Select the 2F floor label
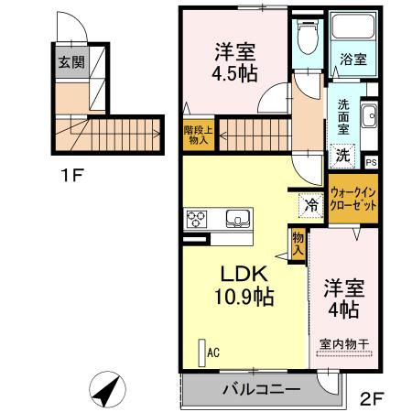(x=371, y=398)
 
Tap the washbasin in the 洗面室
(x=368, y=116)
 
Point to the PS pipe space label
(x=371, y=163)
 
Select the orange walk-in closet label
(x=352, y=200)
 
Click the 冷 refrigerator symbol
(x=311, y=205)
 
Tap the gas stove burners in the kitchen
(x=198, y=219)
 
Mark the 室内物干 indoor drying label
(x=344, y=344)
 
